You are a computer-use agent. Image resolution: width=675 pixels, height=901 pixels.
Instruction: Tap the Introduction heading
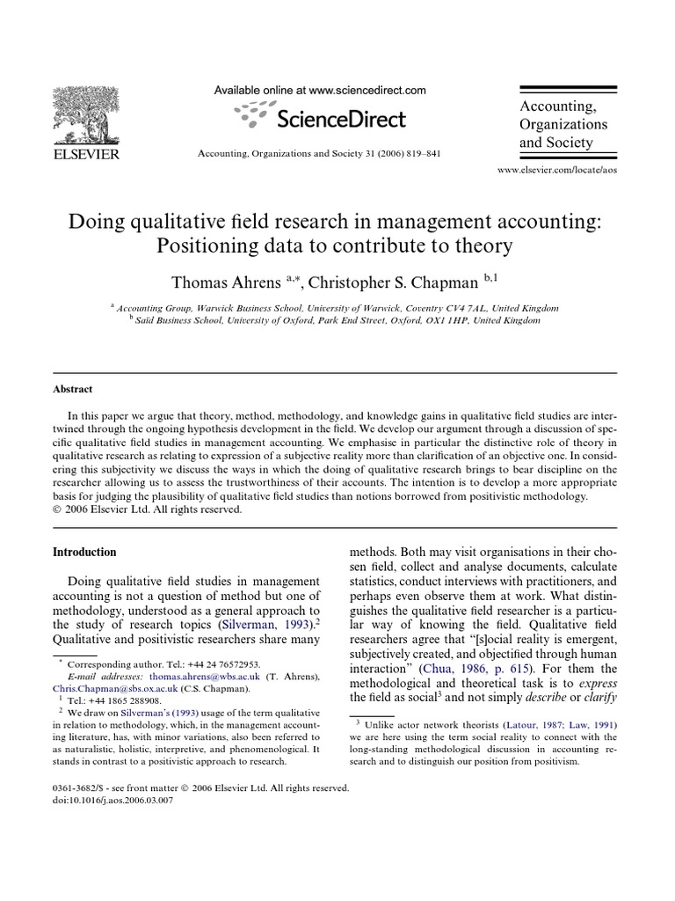coord(84,553)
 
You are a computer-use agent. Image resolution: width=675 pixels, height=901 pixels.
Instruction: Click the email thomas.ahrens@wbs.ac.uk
coord(176,675)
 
